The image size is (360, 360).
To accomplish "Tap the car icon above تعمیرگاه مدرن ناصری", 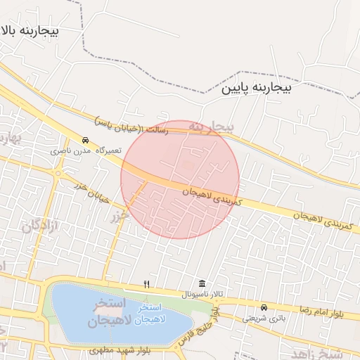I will [85, 140].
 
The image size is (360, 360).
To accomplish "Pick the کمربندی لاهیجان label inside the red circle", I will [212, 197].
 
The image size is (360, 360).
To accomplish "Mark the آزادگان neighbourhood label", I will [39, 226].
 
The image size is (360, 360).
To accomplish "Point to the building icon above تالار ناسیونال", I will [202, 283].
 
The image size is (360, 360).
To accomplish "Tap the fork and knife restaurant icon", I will [146, 284].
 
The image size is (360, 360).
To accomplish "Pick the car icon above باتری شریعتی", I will [264, 307].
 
